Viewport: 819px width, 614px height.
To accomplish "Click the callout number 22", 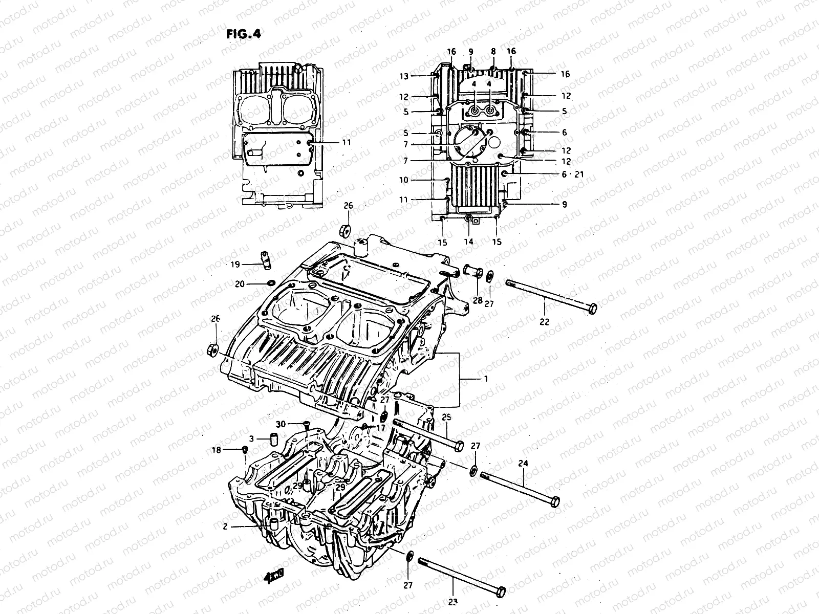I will click(544, 322).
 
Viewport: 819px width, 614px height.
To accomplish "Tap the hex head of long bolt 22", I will click(592, 309).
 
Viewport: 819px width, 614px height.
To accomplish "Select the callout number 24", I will click(523, 464).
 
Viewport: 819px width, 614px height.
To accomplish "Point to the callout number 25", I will click(446, 418).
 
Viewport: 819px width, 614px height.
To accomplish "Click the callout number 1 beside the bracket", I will click(485, 379).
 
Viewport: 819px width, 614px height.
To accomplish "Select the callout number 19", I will click(235, 265).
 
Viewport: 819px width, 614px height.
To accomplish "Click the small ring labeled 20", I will click(270, 283).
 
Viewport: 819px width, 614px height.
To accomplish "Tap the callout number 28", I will click(478, 301).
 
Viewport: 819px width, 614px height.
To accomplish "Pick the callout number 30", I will click(281, 424).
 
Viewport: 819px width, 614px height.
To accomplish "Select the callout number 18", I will click(217, 450).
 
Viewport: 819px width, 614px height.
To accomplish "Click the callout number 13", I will click(404, 77).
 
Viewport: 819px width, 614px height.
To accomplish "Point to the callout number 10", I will click(404, 180).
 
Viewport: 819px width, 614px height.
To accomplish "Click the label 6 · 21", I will click(572, 174).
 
